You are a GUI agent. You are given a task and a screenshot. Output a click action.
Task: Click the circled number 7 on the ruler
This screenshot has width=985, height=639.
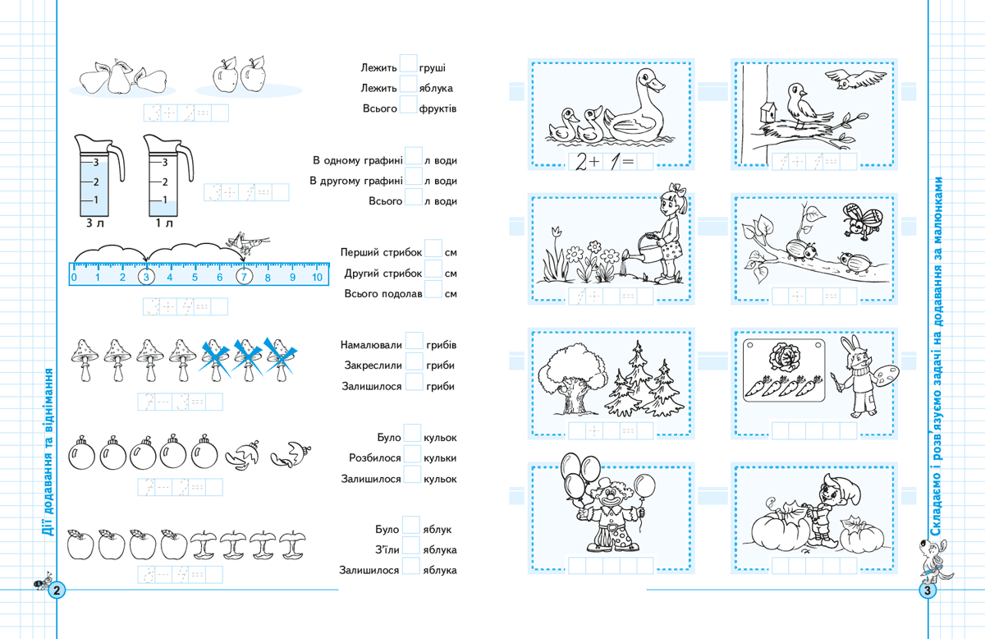(245, 277)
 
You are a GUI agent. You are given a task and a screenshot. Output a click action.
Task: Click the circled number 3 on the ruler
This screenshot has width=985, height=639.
(146, 277)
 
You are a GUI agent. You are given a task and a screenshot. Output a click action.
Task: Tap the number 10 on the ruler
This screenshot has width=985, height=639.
(317, 278)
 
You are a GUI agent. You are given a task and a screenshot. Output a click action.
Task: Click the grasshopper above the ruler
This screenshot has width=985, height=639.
(247, 243)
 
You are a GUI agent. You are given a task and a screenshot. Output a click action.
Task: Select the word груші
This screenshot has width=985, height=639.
(433, 68)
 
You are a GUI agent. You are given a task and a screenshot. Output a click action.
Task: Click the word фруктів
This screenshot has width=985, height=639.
(438, 108)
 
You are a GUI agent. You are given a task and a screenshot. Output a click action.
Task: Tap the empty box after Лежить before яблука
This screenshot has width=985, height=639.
(408, 84)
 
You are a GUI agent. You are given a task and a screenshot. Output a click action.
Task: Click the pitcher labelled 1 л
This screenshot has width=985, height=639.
(168, 176)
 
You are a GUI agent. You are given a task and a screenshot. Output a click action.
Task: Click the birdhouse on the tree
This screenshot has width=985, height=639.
(768, 113)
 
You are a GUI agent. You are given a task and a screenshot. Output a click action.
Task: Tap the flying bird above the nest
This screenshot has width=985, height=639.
(854, 78)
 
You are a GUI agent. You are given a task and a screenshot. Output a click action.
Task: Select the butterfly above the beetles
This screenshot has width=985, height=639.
(862, 221)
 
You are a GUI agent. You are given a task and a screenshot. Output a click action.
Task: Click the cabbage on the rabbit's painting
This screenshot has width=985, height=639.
(785, 357)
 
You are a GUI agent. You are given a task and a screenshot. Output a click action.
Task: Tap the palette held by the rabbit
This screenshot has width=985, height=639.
(885, 375)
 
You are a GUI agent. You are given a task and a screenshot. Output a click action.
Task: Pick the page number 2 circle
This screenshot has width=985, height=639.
(57, 591)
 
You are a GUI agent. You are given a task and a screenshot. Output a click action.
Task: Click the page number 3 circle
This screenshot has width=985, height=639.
(928, 591)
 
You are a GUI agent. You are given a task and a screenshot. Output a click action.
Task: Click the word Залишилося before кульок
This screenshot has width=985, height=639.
(371, 480)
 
